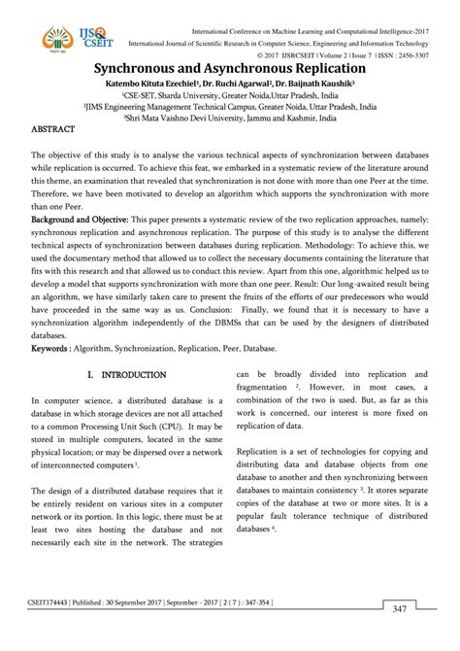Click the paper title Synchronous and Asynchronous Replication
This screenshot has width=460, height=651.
click(x=230, y=70)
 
